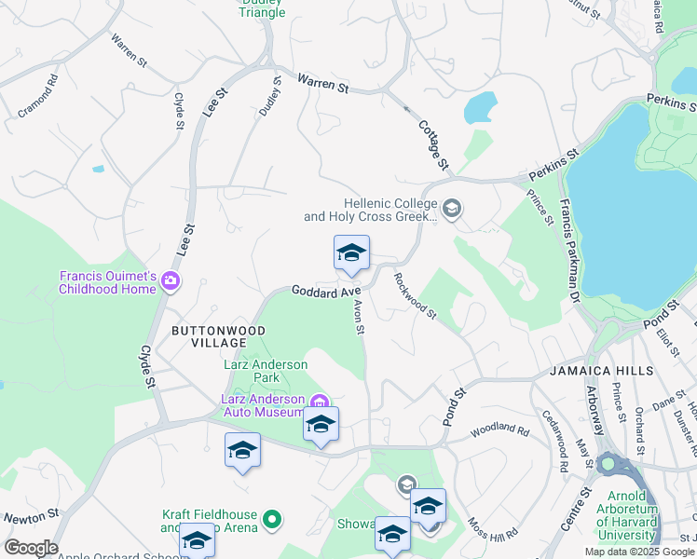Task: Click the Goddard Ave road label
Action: pyautogui.click(x=325, y=293)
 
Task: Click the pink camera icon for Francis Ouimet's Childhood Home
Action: pyautogui.click(x=170, y=280)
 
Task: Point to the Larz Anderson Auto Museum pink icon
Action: pyautogui.click(x=319, y=402)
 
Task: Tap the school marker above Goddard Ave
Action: pyautogui.click(x=351, y=253)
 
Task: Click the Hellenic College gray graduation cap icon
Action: pyautogui.click(x=452, y=208)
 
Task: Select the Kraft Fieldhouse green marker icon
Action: pyautogui.click(x=272, y=518)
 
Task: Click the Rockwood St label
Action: pyautogui.click(x=415, y=295)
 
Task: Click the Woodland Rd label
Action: pyautogui.click(x=499, y=431)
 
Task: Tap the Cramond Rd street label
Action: pyautogui.click(x=38, y=97)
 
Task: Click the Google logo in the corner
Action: pyautogui.click(x=31, y=548)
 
